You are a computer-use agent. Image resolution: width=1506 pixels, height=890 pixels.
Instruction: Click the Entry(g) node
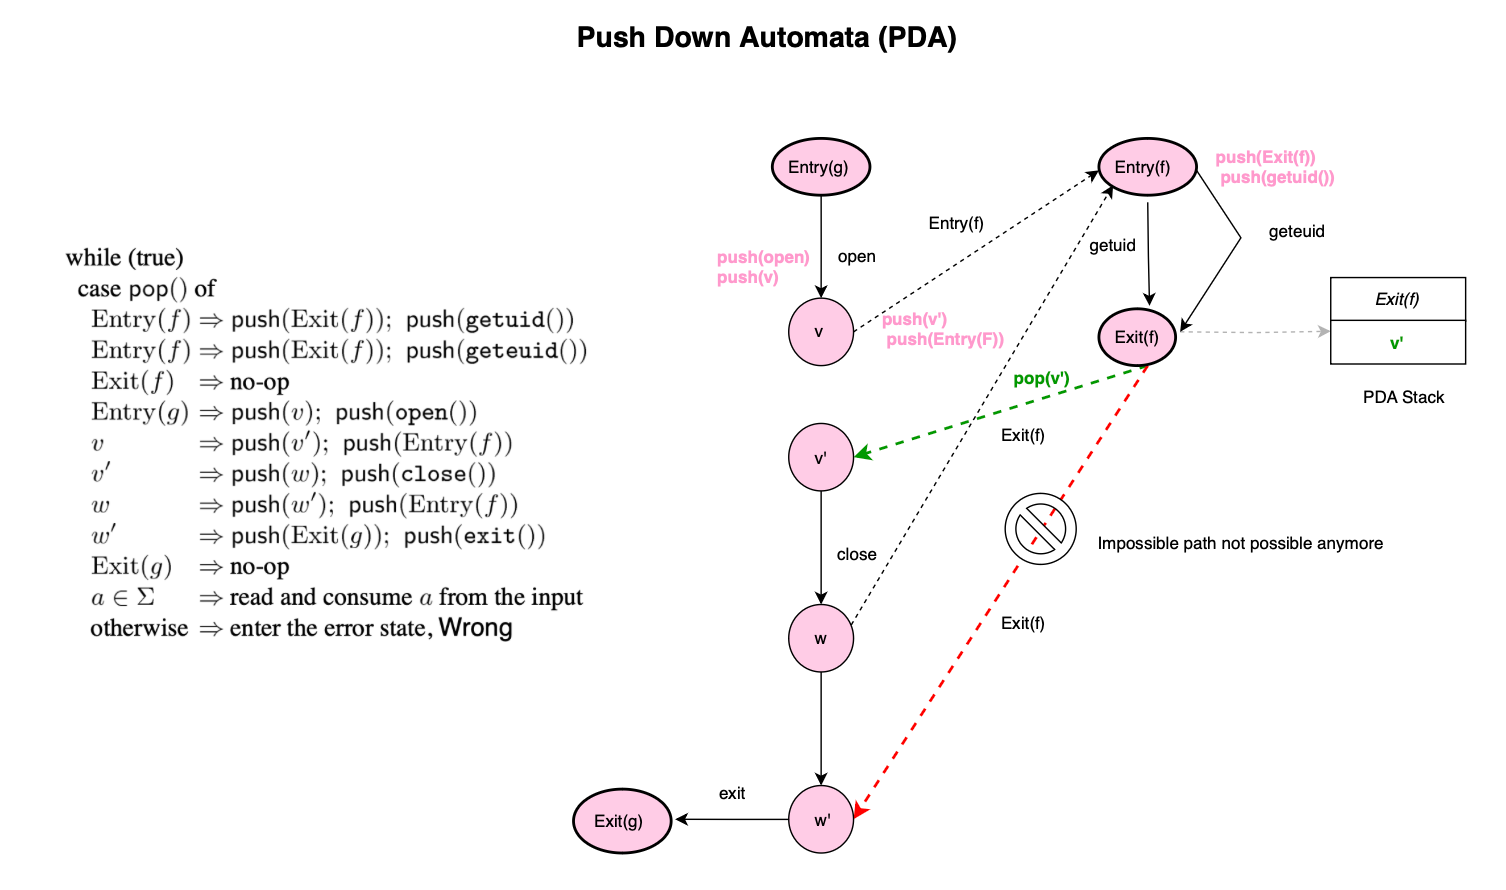(820, 167)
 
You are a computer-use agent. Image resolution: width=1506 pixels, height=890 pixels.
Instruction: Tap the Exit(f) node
(1137, 337)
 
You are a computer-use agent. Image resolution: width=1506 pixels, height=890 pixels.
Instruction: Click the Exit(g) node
(621, 821)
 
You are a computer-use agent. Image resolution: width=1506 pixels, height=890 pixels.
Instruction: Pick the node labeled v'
(821, 458)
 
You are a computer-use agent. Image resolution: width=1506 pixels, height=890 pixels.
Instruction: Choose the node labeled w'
(821, 820)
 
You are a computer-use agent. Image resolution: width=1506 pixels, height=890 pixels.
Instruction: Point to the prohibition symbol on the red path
(1040, 528)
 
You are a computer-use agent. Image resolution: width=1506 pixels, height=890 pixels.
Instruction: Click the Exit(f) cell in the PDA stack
(1397, 299)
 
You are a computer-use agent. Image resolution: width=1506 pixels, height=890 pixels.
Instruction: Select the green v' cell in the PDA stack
(1397, 343)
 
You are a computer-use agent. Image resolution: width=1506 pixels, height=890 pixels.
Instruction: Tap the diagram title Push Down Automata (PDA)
(766, 38)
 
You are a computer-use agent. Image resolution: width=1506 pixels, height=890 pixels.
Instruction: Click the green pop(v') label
(1041, 379)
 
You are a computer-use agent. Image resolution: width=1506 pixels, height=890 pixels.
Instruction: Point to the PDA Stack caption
(1403, 397)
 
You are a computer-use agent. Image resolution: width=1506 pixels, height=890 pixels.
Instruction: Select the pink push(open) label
(763, 257)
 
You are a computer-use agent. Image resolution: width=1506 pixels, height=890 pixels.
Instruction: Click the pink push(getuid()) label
(1277, 178)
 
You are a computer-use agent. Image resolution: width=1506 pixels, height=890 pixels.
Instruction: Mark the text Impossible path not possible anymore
(1240, 543)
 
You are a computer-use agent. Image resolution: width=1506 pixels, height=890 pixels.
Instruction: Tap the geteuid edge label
(1296, 231)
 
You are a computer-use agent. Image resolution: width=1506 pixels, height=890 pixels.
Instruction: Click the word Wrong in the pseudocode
(475, 628)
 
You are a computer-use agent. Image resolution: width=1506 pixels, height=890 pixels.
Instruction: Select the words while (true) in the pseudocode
(125, 258)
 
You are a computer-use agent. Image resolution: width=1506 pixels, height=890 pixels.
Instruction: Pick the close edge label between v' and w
(856, 554)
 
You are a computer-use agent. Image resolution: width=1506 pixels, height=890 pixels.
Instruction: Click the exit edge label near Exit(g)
(732, 793)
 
